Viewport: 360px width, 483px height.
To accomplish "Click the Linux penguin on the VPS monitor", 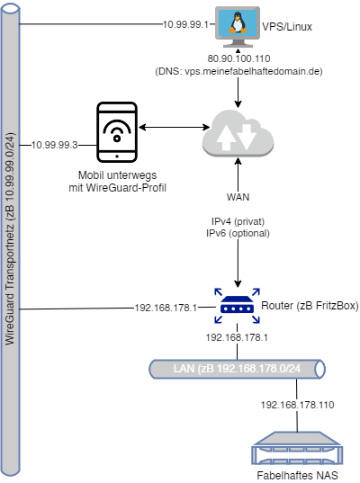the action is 238,22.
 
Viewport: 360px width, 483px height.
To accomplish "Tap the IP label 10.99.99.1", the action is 185,24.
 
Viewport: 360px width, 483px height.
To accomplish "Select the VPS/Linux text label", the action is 287,27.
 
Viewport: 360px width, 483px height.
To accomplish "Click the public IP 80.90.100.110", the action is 238,58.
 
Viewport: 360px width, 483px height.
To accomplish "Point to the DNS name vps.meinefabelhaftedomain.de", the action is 252,71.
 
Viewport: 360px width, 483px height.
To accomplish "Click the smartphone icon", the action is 117,132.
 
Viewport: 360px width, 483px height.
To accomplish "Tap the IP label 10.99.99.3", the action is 55,145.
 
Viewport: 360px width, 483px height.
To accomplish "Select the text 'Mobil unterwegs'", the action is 117,175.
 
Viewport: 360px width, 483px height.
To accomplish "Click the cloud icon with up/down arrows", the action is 238,133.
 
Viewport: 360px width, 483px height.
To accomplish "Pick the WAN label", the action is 238,197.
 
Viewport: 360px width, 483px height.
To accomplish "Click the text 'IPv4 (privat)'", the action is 238,221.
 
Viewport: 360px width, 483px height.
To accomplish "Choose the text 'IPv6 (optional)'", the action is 238,233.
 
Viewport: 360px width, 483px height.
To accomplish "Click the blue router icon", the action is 237,306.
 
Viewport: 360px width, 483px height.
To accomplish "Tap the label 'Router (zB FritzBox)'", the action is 310,306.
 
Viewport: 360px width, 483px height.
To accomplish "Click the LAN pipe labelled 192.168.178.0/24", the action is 237,369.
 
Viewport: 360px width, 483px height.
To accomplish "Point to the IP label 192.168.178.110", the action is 297,405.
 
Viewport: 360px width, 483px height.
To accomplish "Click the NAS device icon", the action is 297,448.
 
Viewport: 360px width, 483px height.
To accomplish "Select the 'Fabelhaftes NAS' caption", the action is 297,475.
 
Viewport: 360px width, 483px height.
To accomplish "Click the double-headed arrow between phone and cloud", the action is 174,127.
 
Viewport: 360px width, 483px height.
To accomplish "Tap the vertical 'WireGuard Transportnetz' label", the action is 10,239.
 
